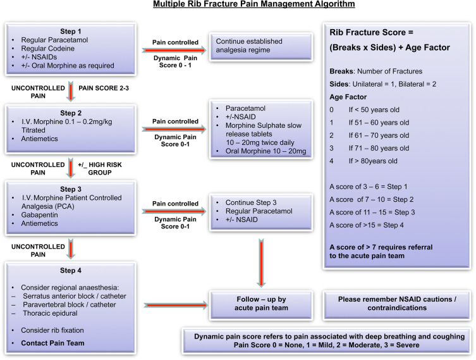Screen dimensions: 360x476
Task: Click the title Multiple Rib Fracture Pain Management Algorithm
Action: point(237,5)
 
